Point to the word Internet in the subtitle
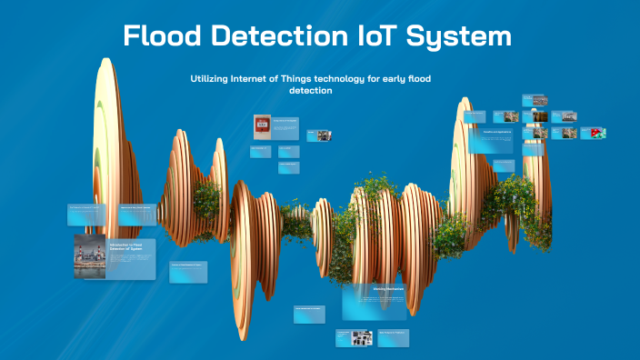[x=256, y=79]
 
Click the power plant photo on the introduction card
[x=90, y=255]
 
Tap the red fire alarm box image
[x=262, y=126]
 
